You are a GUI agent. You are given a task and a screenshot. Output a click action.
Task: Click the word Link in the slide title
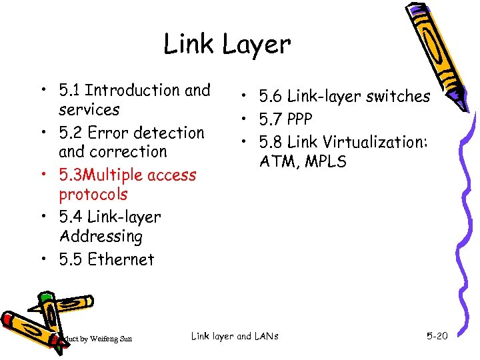[x=189, y=45]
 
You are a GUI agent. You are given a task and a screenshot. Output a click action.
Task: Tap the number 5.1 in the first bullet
[x=70, y=90]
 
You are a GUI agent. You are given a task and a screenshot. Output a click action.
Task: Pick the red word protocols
[x=93, y=195]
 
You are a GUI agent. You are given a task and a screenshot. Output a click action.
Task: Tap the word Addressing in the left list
[x=101, y=237]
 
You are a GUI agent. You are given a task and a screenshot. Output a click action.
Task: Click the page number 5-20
[x=437, y=336]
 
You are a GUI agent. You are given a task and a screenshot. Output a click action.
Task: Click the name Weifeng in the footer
[x=104, y=339]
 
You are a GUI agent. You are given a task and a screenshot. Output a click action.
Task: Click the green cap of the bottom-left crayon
[x=45, y=298]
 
